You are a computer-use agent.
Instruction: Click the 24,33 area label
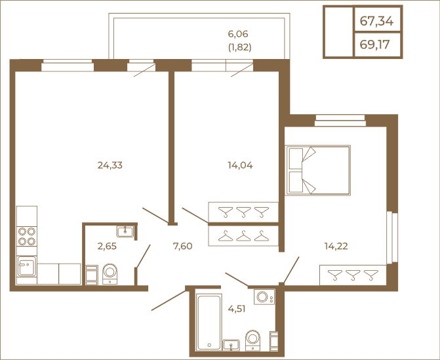coord(110,165)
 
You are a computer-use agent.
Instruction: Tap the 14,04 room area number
coord(240,165)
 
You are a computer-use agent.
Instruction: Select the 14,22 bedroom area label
coord(336,246)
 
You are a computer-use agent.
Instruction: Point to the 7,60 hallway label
coord(183,246)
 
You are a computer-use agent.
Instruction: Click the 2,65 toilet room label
coord(107,246)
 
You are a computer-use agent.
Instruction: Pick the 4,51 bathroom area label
coord(237,309)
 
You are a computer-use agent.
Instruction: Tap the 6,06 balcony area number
coord(238,34)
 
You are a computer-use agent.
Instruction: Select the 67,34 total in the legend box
coord(376,21)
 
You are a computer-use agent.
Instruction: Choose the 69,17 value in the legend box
coord(374,45)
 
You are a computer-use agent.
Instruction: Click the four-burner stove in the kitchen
coord(27,237)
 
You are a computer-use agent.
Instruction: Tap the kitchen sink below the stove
coord(27,266)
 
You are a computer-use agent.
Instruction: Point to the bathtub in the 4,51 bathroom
coord(209,322)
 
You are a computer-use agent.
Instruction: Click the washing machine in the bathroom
coord(264,297)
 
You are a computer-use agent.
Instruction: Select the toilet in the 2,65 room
coord(110,274)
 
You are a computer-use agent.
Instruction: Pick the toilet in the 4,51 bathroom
coord(253,340)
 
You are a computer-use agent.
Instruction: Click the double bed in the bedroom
coord(317,170)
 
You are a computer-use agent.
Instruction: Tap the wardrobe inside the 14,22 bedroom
coord(353,275)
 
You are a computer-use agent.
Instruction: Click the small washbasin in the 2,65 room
coord(125,231)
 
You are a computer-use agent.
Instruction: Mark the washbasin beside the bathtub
coord(231,345)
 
